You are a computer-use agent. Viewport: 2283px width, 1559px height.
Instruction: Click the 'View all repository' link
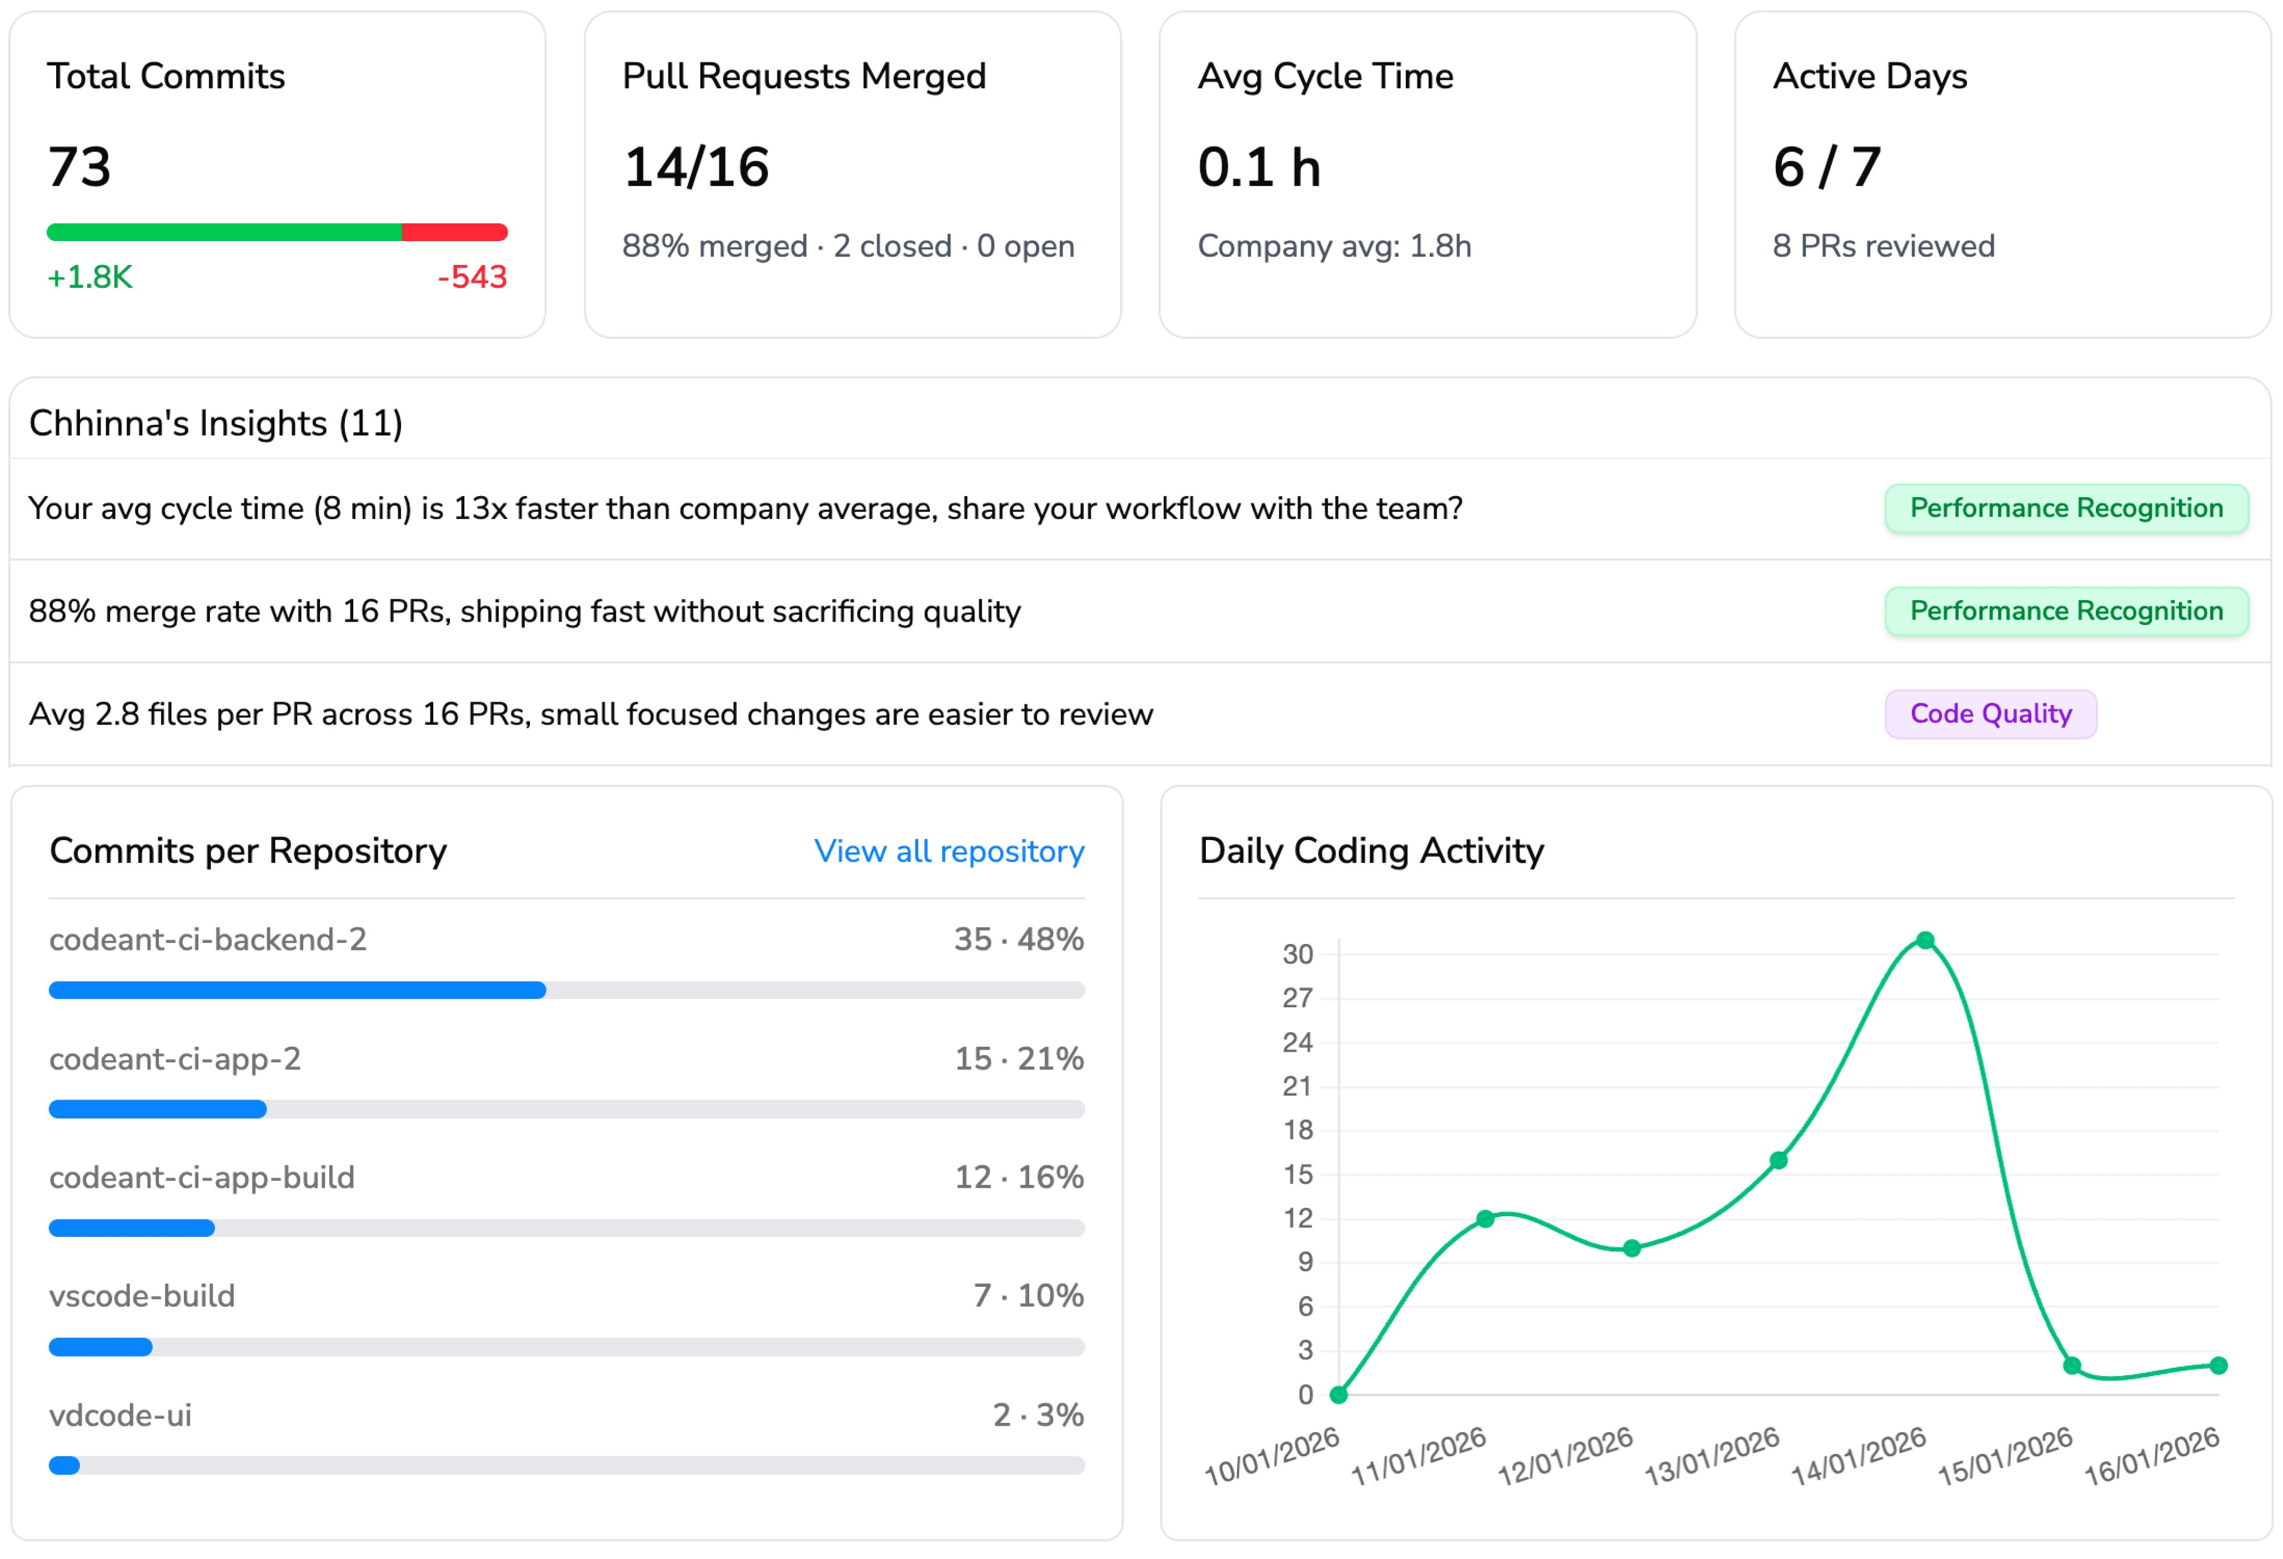(x=948, y=851)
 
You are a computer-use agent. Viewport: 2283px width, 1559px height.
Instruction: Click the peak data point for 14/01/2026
(x=1924, y=940)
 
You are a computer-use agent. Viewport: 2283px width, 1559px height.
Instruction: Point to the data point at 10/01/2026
(x=1338, y=1394)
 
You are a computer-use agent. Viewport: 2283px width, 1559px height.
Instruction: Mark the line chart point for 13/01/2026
(x=1778, y=1160)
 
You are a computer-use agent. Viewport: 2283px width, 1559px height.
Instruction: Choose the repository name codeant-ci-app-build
(x=202, y=1177)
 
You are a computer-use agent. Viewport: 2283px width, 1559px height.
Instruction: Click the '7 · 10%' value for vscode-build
(x=1028, y=1296)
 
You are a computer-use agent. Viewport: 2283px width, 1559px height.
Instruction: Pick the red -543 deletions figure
(x=472, y=277)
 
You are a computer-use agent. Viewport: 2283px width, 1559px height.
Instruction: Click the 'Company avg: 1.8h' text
(x=1333, y=246)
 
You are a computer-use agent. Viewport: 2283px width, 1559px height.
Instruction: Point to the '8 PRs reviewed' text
(x=1882, y=246)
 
